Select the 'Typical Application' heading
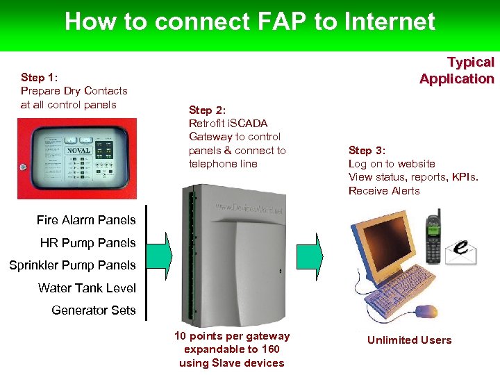[456, 70]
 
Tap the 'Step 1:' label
[42, 77]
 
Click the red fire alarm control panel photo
[77, 158]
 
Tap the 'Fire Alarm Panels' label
[86, 220]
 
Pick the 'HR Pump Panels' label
[87, 243]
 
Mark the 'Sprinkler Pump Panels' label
[72, 265]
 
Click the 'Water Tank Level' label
[87, 287]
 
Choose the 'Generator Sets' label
[94, 310]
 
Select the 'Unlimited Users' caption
[409, 340]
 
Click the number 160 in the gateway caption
[271, 349]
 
